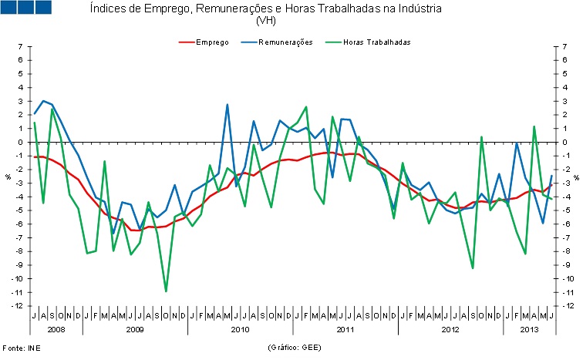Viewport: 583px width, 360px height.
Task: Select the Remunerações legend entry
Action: pyautogui.click(x=285, y=42)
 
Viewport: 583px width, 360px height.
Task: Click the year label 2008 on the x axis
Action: pyautogui.click(x=56, y=330)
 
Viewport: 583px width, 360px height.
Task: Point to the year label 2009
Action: pyautogui.click(x=135, y=330)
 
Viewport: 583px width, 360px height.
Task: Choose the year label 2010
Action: pyautogui.click(x=241, y=330)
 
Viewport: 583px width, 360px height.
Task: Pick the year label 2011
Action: pyautogui.click(x=345, y=330)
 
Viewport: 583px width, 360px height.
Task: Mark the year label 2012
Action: pyautogui.click(x=450, y=330)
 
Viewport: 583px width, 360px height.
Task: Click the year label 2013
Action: pyautogui.click(x=529, y=330)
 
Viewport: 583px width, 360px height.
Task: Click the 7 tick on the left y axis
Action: pyautogui.click(x=21, y=47)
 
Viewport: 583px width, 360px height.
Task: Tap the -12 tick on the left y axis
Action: pyautogui.click(x=19, y=306)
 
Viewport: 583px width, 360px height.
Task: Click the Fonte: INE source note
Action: pyautogui.click(x=21, y=348)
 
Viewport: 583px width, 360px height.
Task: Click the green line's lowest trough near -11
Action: pyautogui.click(x=166, y=291)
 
